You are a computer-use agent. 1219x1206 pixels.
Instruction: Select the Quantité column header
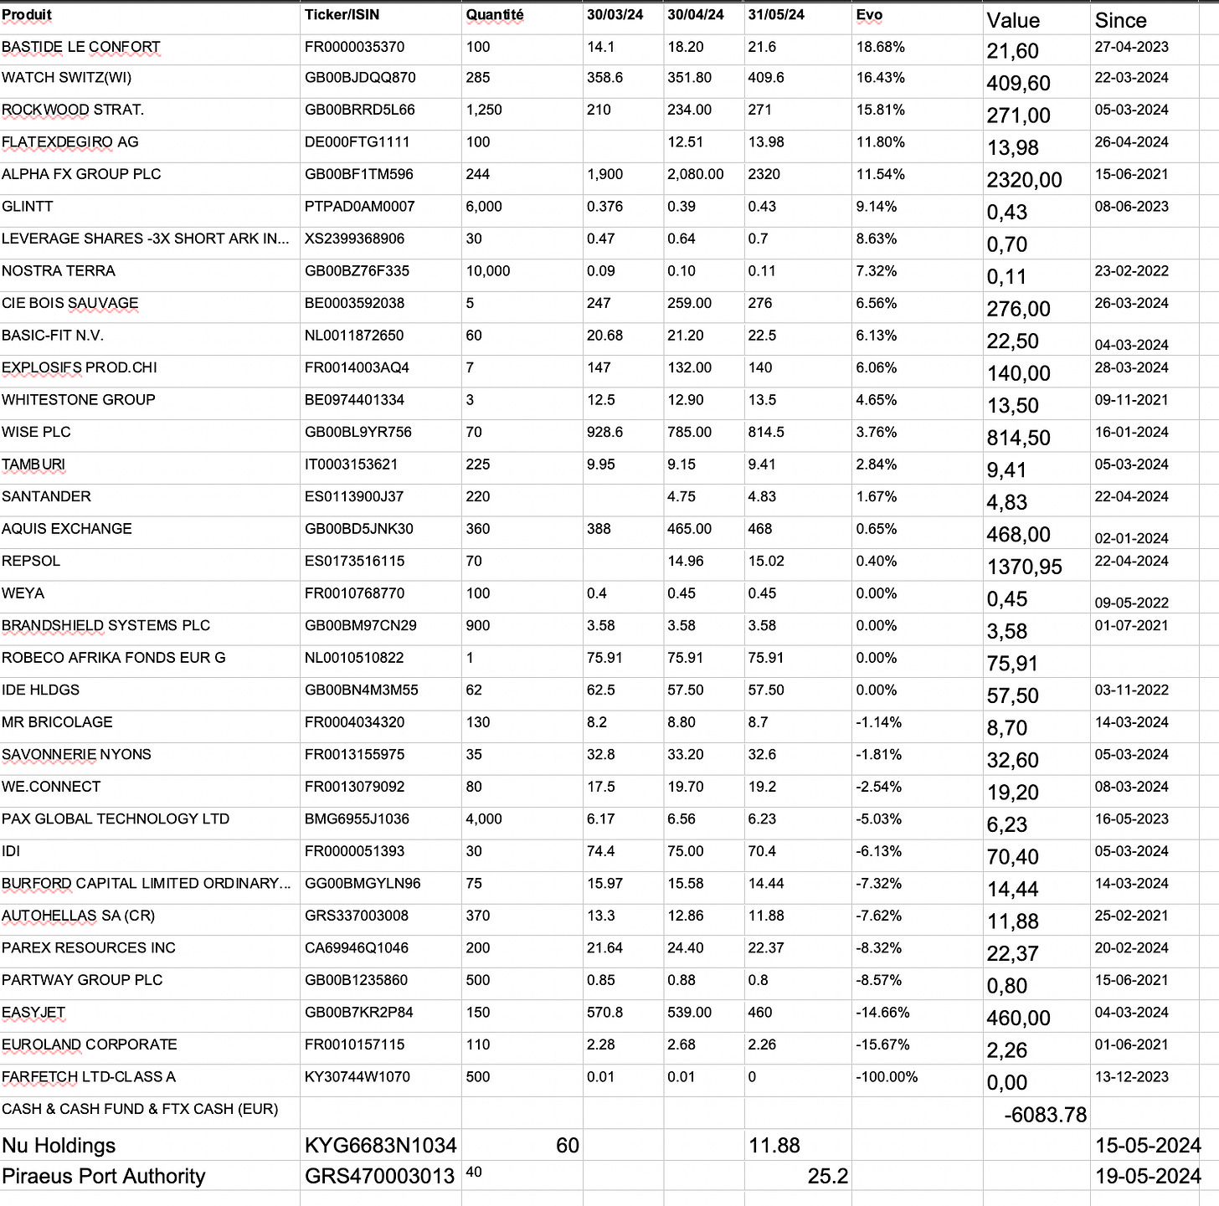495,15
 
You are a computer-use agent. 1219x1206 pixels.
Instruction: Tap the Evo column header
869,15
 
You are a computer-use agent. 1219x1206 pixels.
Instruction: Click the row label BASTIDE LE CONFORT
80,47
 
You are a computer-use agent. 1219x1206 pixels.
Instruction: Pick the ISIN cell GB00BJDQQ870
359,78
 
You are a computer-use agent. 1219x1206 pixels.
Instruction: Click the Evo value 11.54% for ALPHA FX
877,174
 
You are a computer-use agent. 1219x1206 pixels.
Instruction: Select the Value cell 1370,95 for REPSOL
1024,567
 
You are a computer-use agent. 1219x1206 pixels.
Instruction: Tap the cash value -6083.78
1045,1115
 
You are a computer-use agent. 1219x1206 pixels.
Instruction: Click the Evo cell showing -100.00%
887,1077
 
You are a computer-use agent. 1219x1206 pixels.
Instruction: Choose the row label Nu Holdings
59,1146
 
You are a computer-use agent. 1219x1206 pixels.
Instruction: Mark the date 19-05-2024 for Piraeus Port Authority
1148,1176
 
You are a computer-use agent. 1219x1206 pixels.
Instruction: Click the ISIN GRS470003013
379,1176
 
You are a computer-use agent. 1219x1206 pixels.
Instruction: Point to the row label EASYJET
33,1013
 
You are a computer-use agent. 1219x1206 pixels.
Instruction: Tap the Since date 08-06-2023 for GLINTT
1131,207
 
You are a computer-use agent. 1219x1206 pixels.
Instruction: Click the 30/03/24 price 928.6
605,432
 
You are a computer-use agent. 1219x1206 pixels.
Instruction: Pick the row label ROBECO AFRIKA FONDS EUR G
114,658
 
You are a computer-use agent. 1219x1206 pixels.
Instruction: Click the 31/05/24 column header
776,15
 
